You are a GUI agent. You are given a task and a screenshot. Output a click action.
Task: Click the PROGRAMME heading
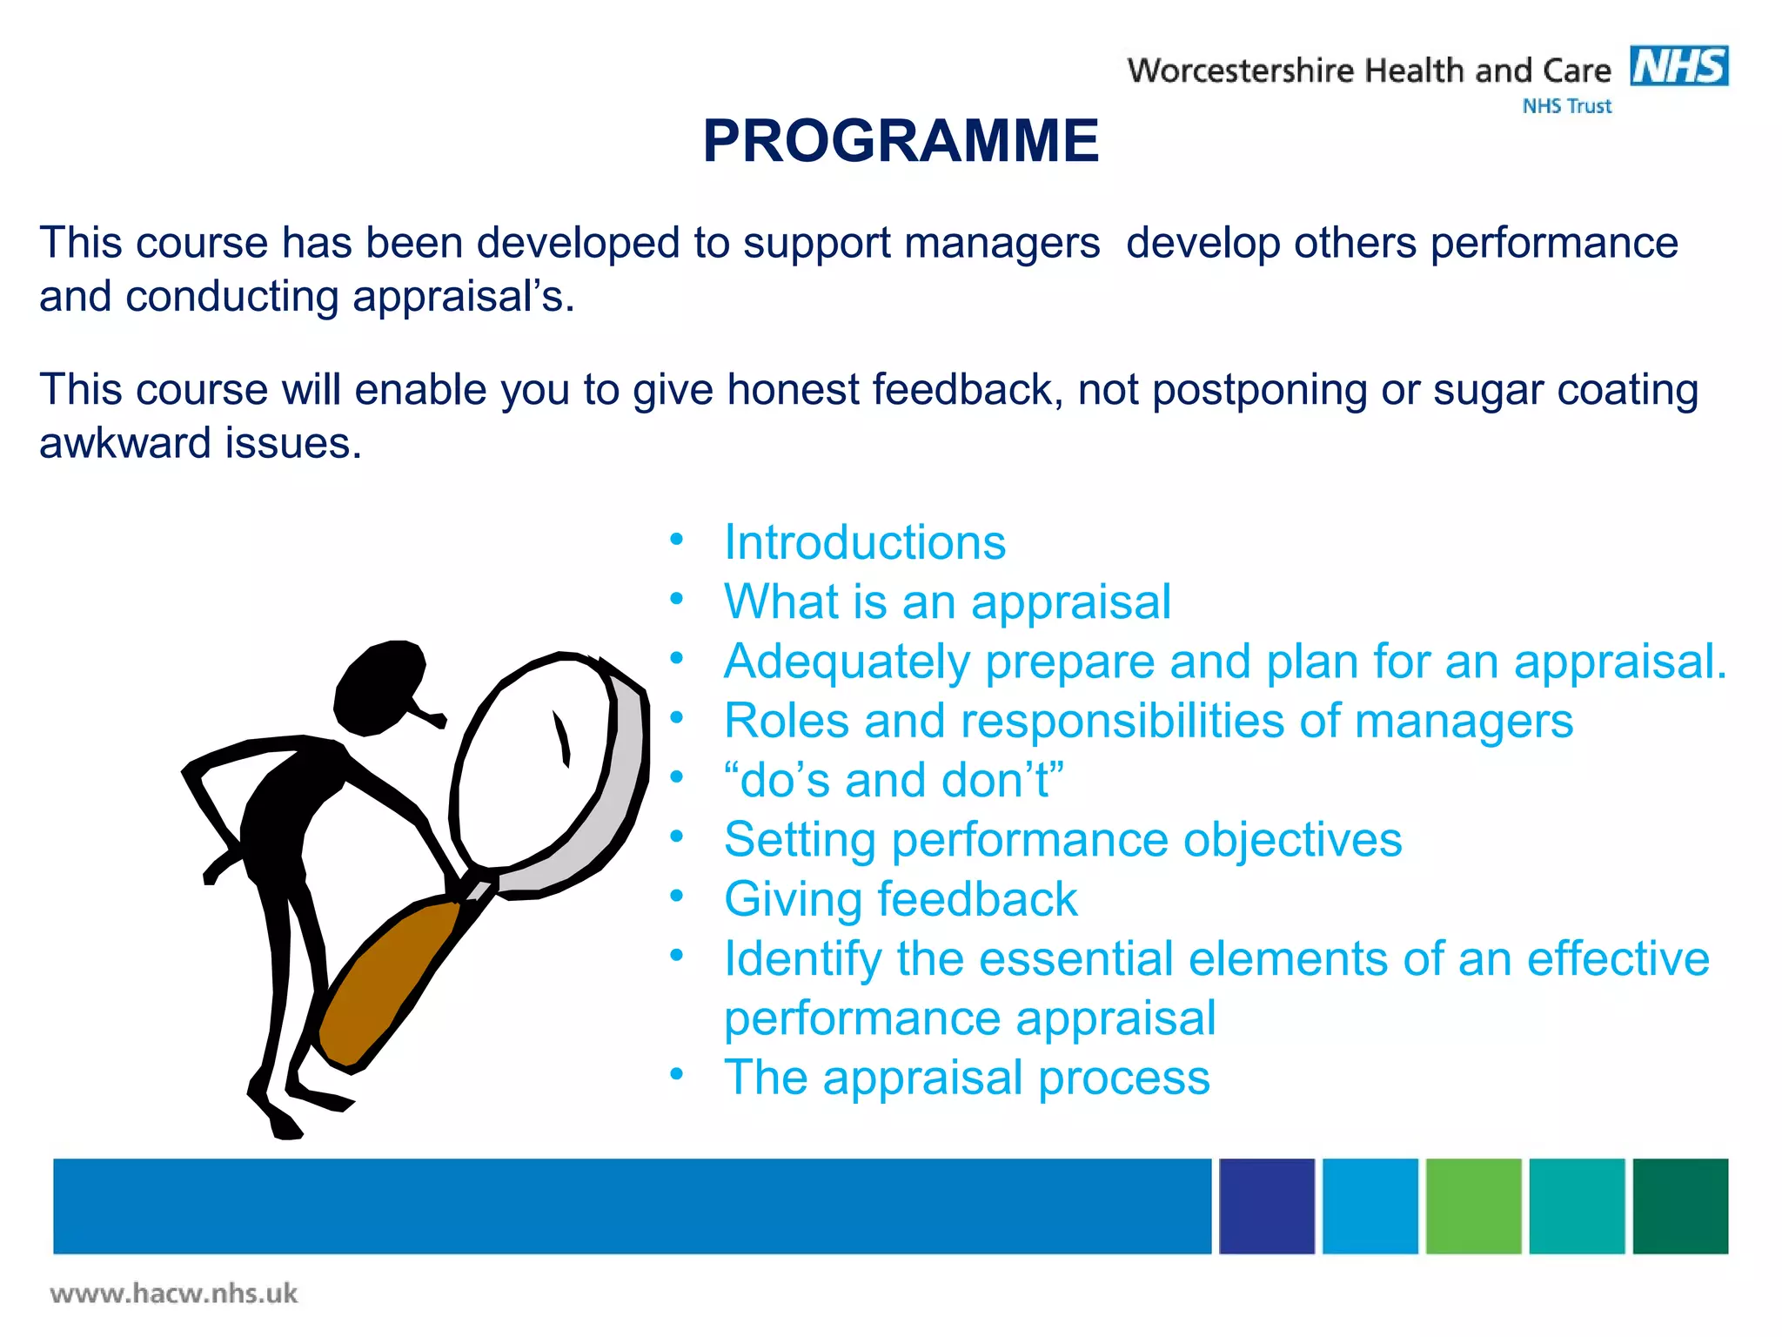(901, 141)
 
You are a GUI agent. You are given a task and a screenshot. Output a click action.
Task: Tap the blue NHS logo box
(1678, 66)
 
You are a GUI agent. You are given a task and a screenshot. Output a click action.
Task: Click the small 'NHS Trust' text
(1566, 106)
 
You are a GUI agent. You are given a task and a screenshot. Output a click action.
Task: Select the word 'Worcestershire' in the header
(1241, 71)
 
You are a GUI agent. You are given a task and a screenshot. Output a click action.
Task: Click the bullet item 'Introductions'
(865, 542)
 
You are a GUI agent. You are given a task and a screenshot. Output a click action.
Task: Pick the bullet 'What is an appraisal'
(948, 601)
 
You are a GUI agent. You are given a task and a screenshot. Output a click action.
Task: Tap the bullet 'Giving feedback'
(901, 899)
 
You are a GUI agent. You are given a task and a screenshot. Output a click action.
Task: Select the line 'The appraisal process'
(967, 1078)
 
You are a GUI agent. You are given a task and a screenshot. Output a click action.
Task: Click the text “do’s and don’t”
(894, 780)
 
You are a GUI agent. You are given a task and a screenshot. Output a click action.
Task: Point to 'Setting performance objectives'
(1062, 840)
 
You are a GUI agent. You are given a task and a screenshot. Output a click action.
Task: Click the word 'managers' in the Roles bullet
(1464, 722)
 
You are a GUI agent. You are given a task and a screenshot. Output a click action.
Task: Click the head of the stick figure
(379, 685)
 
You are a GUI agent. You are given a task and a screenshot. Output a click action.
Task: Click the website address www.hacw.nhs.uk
(174, 1293)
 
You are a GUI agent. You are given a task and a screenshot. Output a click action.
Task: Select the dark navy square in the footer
(1266, 1206)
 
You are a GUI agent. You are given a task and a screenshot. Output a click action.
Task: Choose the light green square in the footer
(1473, 1206)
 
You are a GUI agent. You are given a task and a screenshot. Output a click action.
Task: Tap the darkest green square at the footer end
(1679, 1206)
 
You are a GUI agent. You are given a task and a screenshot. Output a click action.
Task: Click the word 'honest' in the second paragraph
(792, 389)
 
